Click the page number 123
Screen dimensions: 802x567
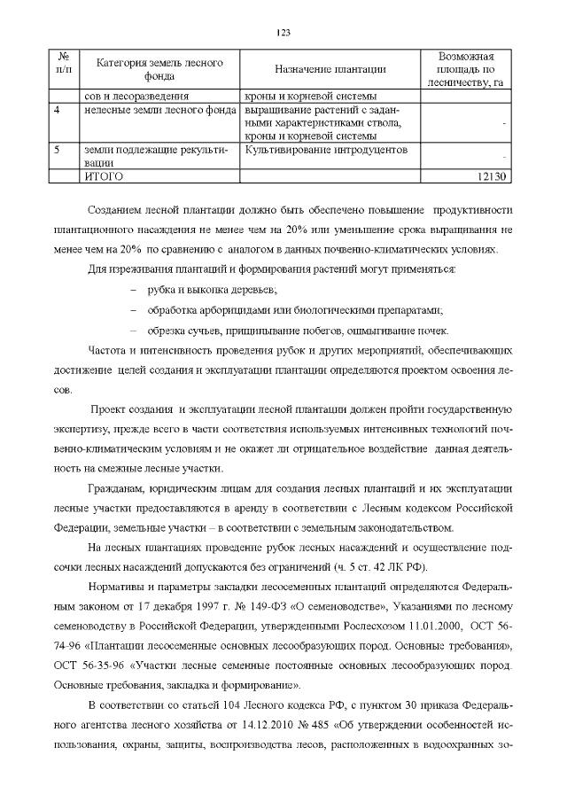tap(283, 33)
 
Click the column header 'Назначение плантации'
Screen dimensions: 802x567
tap(330, 70)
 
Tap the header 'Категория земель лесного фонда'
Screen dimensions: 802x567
tap(159, 69)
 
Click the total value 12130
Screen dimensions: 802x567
tap(490, 176)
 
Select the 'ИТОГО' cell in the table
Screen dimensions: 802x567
tap(102, 176)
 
